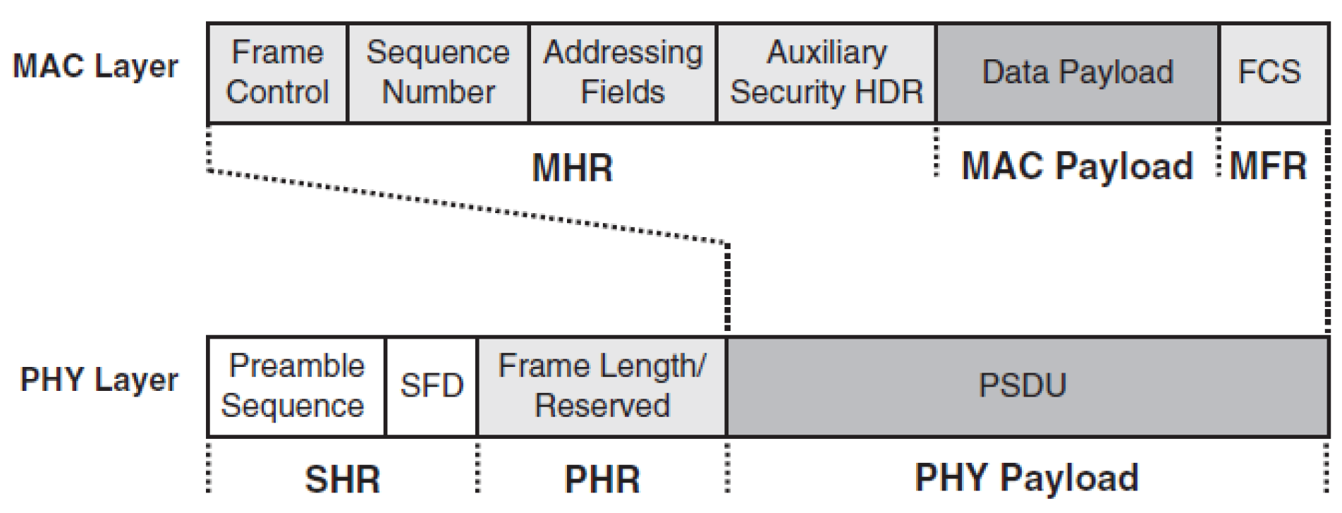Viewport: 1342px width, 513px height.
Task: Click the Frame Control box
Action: click(x=278, y=73)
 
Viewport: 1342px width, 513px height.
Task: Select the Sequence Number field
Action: click(x=438, y=73)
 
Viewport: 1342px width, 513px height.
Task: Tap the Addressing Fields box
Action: click(x=623, y=73)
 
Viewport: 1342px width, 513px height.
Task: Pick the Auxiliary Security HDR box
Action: click(x=826, y=73)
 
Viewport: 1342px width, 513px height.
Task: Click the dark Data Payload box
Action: click(x=1077, y=73)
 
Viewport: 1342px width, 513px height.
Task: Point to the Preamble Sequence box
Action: click(x=295, y=386)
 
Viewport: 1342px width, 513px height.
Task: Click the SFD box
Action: click(x=432, y=386)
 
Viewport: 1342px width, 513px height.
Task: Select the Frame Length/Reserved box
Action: click(x=602, y=386)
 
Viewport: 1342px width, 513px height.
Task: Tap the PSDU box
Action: click(x=1023, y=386)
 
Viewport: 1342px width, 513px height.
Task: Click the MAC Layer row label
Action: click(x=96, y=67)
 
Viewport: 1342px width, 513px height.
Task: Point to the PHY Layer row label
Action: click(x=99, y=380)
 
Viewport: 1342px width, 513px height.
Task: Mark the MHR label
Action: click(x=572, y=169)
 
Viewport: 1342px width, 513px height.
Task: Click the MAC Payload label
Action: click(x=1076, y=167)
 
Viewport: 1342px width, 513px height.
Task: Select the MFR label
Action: click(x=1267, y=167)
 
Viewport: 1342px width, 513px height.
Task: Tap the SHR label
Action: click(x=342, y=480)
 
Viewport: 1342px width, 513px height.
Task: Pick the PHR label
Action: click(x=602, y=480)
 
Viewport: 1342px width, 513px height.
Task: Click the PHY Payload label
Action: click(x=1026, y=478)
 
